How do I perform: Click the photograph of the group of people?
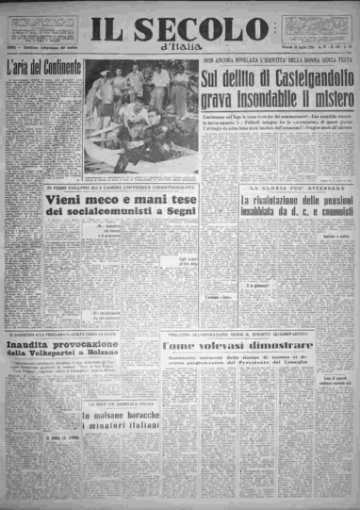pyautogui.click(x=142, y=118)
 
